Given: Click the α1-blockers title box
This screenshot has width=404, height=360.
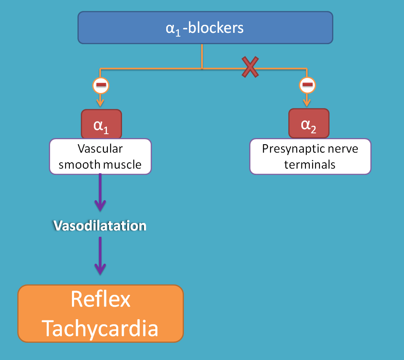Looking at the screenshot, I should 205,27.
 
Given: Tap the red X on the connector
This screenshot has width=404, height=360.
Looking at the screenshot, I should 250,67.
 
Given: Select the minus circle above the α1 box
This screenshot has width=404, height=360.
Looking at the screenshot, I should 101,86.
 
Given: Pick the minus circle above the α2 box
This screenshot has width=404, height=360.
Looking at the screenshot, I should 308,86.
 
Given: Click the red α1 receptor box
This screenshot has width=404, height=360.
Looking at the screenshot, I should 101,124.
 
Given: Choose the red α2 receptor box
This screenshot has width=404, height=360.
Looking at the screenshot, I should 308,123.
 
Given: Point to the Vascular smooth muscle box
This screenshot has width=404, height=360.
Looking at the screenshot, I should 100,156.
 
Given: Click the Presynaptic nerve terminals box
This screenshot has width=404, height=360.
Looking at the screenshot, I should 310,156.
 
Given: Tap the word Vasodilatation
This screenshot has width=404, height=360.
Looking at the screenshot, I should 100,226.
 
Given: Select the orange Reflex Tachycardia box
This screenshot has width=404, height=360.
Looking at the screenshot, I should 101,313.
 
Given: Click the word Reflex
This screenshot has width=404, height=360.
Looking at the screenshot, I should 101,299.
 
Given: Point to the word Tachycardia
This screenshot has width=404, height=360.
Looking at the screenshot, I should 101,328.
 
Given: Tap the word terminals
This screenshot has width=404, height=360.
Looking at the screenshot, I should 310,164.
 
